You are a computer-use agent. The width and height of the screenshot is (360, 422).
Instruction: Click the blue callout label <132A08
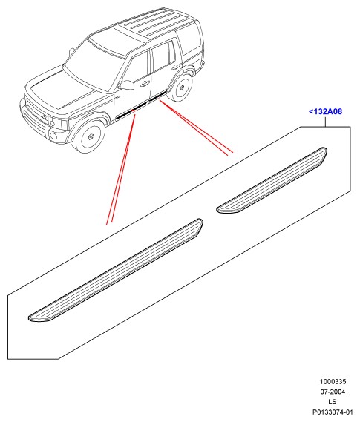(x=325, y=111)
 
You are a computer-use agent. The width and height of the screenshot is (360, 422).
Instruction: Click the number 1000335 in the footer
(x=333, y=382)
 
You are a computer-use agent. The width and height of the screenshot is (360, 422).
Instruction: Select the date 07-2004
(x=333, y=392)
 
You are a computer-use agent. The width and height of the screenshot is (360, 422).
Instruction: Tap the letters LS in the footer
(x=333, y=402)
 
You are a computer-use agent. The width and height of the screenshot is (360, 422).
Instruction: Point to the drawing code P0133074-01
(x=333, y=412)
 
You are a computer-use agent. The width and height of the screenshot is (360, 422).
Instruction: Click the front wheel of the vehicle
(x=90, y=136)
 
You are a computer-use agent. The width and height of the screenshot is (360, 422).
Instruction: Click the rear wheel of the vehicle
(x=181, y=87)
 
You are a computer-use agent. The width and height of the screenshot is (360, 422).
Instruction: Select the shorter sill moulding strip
(x=272, y=180)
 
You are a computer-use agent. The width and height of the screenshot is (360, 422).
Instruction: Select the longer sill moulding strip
(x=116, y=270)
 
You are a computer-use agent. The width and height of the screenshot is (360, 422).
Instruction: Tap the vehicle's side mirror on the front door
(x=126, y=85)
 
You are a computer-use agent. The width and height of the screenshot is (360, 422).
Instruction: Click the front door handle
(x=144, y=84)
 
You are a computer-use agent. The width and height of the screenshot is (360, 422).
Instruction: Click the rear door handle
(x=176, y=67)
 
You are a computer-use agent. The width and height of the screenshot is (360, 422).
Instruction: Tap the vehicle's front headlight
(x=56, y=122)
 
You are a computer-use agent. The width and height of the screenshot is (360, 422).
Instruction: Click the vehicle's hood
(x=61, y=90)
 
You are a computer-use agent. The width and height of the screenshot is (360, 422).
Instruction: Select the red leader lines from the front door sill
(x=122, y=169)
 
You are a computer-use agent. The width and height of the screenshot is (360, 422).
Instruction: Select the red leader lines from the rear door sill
(x=196, y=128)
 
